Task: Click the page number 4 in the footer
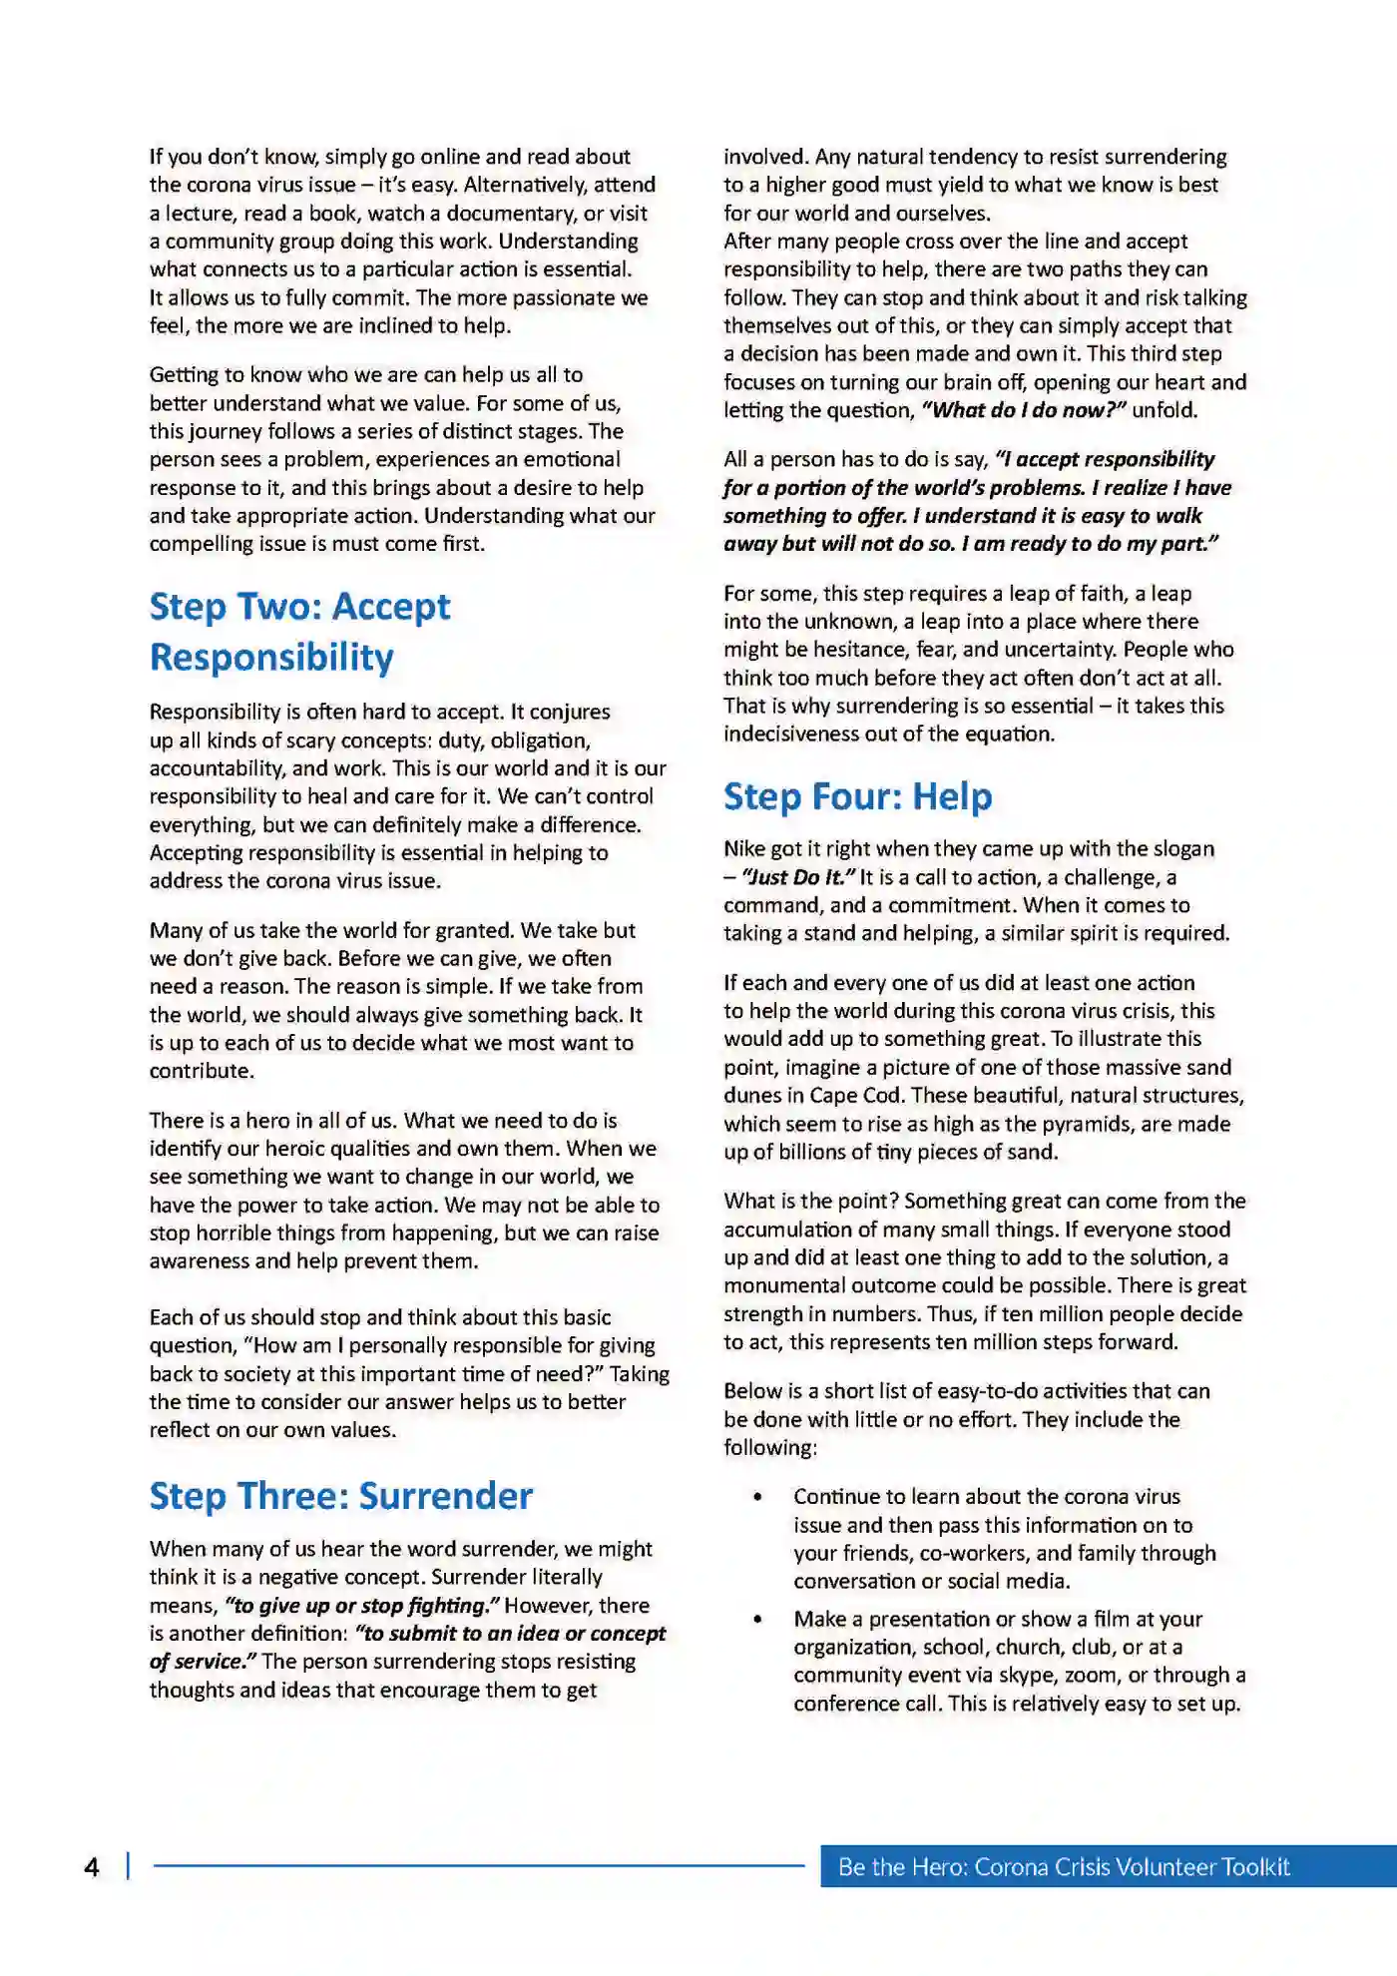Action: pyautogui.click(x=92, y=1867)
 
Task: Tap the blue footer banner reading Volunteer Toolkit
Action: pyautogui.click(x=1064, y=1867)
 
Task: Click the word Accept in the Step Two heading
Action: pyautogui.click(x=391, y=607)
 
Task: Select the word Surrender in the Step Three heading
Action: pyautogui.click(x=446, y=1496)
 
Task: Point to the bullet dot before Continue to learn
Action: pyautogui.click(x=758, y=1497)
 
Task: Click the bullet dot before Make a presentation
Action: pyautogui.click(x=758, y=1619)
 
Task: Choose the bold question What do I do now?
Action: pyautogui.click(x=1024, y=410)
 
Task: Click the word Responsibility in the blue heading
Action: pyautogui.click(x=271, y=658)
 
